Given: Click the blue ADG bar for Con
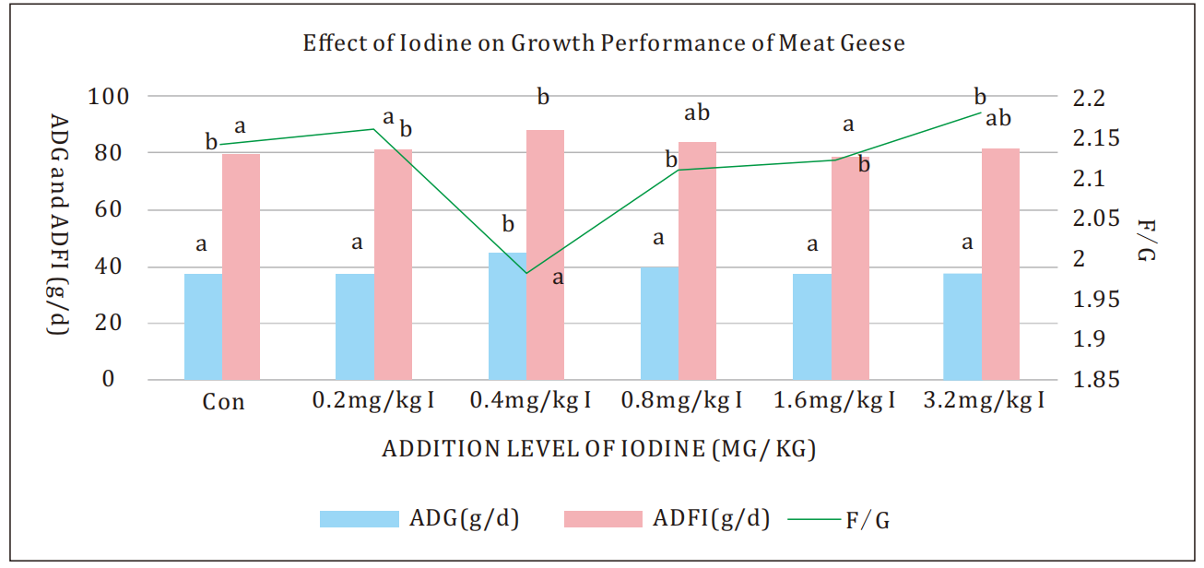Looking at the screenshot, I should [x=203, y=326].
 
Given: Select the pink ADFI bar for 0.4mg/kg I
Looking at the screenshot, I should [x=545, y=254].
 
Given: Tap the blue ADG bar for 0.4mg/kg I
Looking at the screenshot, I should [x=507, y=315].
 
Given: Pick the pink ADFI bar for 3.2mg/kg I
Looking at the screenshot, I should [x=1000, y=264].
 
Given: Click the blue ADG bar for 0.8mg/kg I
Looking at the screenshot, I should [x=659, y=323].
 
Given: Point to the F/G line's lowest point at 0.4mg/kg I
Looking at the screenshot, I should [x=526, y=273].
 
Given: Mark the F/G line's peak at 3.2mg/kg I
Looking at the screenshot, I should [x=981, y=112].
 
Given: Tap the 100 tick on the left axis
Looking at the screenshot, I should [x=107, y=96].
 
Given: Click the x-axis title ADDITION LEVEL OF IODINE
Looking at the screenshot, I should [x=599, y=450].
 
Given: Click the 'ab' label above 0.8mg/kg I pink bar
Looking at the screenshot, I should [x=697, y=114].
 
